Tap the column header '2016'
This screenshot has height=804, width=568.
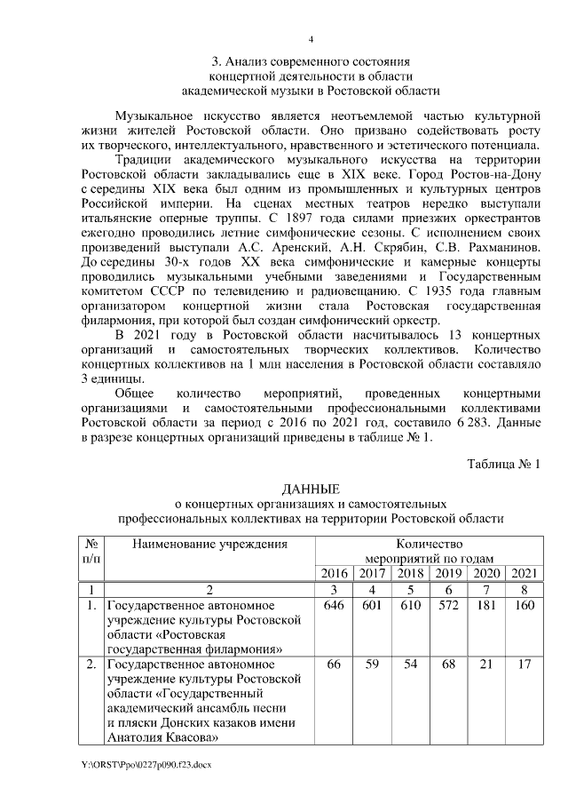click(334, 572)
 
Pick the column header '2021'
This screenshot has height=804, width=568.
click(522, 572)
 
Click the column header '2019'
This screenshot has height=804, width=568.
click(448, 572)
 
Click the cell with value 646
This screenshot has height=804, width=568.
click(334, 606)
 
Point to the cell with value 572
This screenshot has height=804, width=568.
click(448, 606)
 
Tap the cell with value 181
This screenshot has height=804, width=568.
click(485, 606)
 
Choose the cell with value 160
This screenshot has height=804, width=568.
click(522, 606)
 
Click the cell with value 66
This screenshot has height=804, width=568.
click(334, 665)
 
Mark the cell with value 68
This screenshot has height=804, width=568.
click(448, 665)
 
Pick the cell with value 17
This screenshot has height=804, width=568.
click(522, 665)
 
